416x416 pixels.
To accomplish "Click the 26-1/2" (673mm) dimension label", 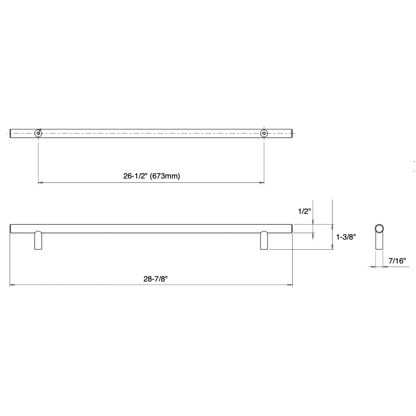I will coord(151,176).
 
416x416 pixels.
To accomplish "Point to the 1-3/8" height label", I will coord(346,237).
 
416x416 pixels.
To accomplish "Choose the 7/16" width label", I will coord(397,261).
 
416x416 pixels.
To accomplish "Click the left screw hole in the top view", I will coord(38,133).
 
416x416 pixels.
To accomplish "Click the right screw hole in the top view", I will coord(264,133).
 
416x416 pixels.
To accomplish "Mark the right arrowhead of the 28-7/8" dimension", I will coord(291,285).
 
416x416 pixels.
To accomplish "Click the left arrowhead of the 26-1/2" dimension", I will coord(40,182).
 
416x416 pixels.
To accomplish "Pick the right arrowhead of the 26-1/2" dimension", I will coord(262,182).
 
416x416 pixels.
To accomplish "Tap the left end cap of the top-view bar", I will coord(11,133).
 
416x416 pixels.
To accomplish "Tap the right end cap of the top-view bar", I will coord(292,133).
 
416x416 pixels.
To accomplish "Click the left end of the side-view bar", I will coord(11,229).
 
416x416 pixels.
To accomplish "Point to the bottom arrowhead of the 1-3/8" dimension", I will coord(332,247).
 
